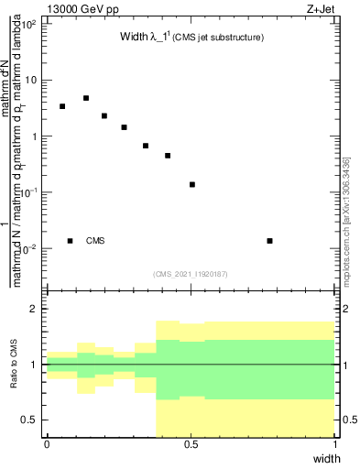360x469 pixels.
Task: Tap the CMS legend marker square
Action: pyautogui.click(x=70, y=241)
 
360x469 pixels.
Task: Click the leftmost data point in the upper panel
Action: pyautogui.click(x=62, y=106)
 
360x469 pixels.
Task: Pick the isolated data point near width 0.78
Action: pyautogui.click(x=269, y=241)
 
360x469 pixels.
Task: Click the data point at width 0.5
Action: pyautogui.click(x=192, y=184)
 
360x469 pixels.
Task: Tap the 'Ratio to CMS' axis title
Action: pyautogui.click(x=14, y=365)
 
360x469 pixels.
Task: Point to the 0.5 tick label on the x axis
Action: pyautogui.click(x=191, y=444)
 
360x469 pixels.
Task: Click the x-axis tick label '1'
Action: pyautogui.click(x=335, y=444)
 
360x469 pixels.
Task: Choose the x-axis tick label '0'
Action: pyautogui.click(x=47, y=444)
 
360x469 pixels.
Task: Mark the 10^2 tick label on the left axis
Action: pyautogui.click(x=29, y=23)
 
